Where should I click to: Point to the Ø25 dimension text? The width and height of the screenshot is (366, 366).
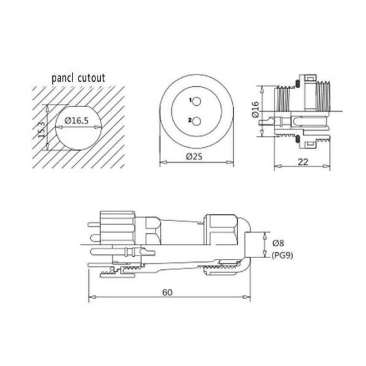click(195, 157)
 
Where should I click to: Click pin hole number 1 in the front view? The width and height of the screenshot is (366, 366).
click(195, 101)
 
